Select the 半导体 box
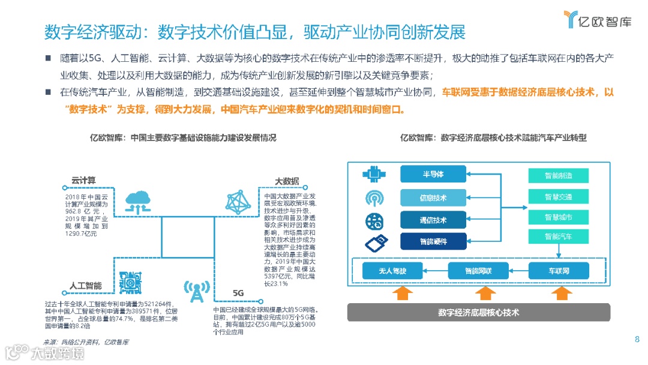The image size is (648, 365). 433,175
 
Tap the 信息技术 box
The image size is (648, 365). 433,198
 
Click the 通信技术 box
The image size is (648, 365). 433,220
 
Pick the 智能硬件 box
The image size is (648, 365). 433,242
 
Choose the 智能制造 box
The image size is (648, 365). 558,176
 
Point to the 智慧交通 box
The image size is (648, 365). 558,196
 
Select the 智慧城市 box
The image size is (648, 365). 558,217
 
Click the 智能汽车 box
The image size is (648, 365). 558,237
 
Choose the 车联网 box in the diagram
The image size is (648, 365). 558,271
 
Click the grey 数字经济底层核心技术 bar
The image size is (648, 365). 478,312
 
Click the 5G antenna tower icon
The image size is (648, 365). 194,291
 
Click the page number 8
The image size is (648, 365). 637,340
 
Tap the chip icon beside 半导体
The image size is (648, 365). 373,175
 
